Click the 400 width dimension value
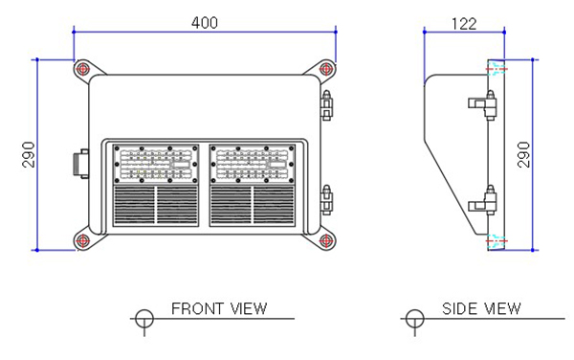click(205, 23)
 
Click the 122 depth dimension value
click(464, 24)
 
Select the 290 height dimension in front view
click(29, 154)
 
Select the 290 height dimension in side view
click(523, 154)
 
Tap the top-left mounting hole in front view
click(82, 69)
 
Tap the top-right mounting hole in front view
click(326, 69)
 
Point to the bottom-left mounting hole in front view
click(82, 241)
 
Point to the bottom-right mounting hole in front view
click(326, 241)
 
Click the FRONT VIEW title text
click(219, 308)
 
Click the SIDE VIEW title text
click(481, 308)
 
